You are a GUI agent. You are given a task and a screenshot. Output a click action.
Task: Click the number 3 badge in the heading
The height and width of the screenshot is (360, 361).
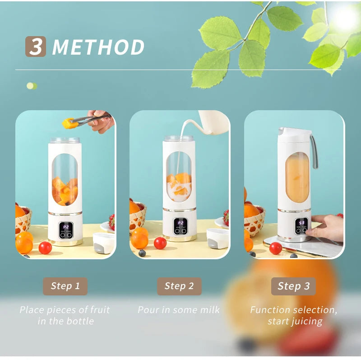35,47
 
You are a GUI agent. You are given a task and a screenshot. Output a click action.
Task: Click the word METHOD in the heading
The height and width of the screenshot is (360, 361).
98,47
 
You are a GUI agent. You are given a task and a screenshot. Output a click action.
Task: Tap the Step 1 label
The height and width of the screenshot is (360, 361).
65,286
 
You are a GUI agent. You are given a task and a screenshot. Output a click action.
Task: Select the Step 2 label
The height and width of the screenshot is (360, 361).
179,286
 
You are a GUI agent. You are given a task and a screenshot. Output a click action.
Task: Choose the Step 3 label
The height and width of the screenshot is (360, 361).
293,286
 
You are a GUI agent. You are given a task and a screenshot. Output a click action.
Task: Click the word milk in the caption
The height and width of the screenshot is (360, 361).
209,310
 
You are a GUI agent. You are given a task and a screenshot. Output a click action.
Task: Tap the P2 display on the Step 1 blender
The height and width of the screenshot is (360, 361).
66,227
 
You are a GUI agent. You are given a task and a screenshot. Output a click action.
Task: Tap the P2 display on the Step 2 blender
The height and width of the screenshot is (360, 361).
180,223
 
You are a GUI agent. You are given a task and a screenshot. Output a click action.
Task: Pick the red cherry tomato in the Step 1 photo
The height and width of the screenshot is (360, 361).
45,248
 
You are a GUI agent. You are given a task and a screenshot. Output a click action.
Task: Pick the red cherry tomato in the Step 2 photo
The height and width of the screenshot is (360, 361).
160,243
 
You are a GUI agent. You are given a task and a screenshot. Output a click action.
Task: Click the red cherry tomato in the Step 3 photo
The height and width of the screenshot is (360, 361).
276,248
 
